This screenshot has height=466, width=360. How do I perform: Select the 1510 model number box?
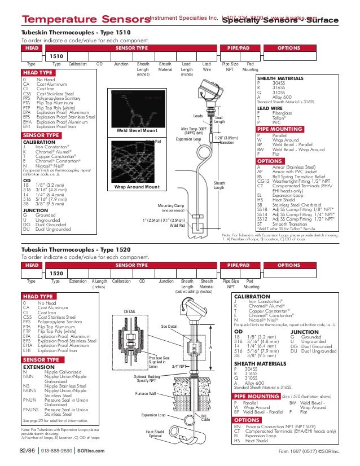coord(57,56)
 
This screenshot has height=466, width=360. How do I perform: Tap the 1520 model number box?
coord(57,273)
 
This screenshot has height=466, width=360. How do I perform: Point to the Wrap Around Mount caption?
coord(137,186)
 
